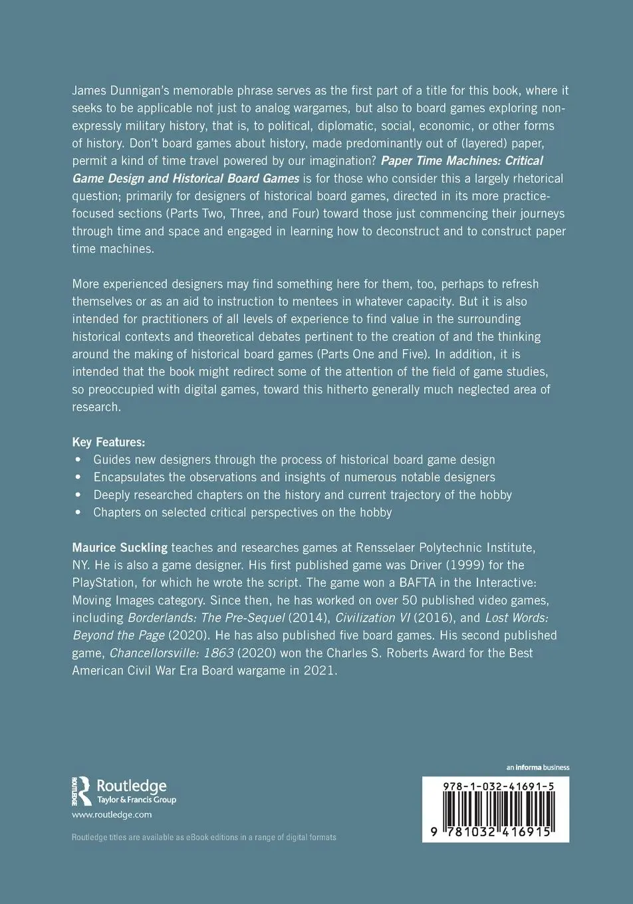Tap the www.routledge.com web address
[112, 814]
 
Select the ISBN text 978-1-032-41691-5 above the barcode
[498, 786]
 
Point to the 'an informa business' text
[537, 767]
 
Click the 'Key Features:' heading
[108, 442]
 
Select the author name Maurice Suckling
[120, 548]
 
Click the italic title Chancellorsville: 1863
[172, 653]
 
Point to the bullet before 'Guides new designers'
[78, 460]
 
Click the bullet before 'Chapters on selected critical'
[78, 512]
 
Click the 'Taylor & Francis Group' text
[136, 800]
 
